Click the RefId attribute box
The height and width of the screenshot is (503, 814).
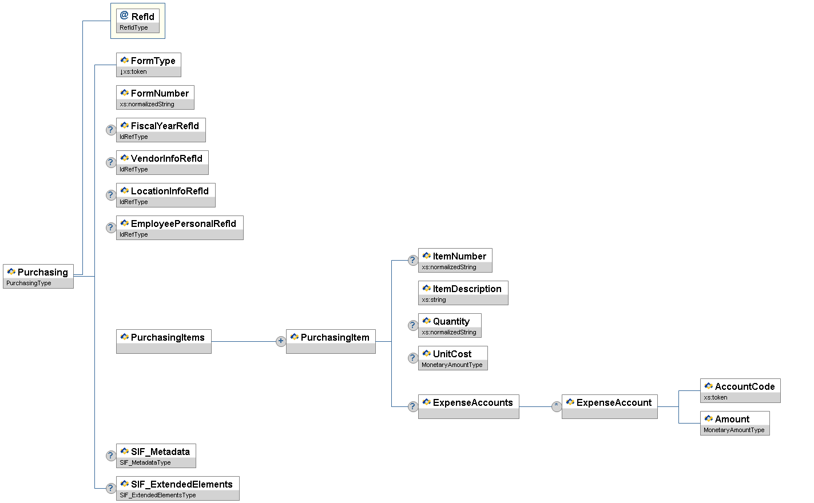(138, 21)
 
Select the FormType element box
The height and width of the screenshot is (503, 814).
(149, 65)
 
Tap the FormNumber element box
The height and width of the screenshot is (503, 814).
(155, 97)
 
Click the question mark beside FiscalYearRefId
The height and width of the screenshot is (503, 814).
(111, 130)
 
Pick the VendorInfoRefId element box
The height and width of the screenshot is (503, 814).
(162, 162)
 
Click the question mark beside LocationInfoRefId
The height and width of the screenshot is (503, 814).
(111, 195)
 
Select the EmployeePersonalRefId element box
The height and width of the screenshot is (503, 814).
(180, 227)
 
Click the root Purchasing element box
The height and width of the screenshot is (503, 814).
(38, 276)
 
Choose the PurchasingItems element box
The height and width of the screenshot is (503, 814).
(164, 341)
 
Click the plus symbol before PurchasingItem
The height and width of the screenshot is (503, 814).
(280, 341)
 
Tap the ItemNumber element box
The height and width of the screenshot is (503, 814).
(455, 260)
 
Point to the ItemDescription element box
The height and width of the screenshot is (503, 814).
(463, 293)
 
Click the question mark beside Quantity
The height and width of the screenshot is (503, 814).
(412, 325)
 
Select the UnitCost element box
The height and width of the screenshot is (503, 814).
(453, 358)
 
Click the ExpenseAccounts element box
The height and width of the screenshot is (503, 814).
(468, 406)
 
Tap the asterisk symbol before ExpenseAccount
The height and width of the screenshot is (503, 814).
(556, 406)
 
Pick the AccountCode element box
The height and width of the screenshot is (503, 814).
(740, 390)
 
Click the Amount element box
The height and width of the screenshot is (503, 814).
(735, 423)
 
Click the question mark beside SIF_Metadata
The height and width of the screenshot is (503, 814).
(111, 456)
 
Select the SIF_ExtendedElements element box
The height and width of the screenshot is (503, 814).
(178, 488)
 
